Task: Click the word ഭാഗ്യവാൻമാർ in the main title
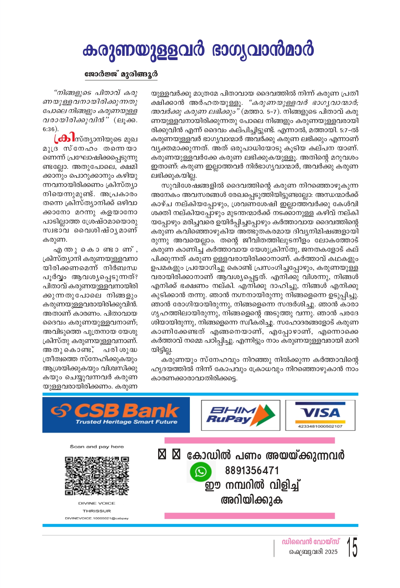click(263, 50)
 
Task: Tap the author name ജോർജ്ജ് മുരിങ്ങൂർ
click(121, 74)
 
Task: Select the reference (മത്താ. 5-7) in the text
click(260, 112)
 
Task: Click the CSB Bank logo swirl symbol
click(61, 411)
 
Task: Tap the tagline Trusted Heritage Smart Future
click(126, 422)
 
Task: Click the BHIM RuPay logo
click(241, 415)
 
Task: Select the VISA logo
click(320, 412)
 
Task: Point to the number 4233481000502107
click(320, 426)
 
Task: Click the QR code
click(97, 476)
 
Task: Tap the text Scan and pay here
click(97, 447)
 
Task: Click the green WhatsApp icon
click(201, 472)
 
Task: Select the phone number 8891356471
click(252, 471)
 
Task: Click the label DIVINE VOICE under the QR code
click(97, 503)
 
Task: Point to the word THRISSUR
click(97, 511)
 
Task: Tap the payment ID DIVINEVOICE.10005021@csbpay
click(97, 518)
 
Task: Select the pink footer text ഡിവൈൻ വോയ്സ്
click(310, 542)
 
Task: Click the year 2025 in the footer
click(331, 552)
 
